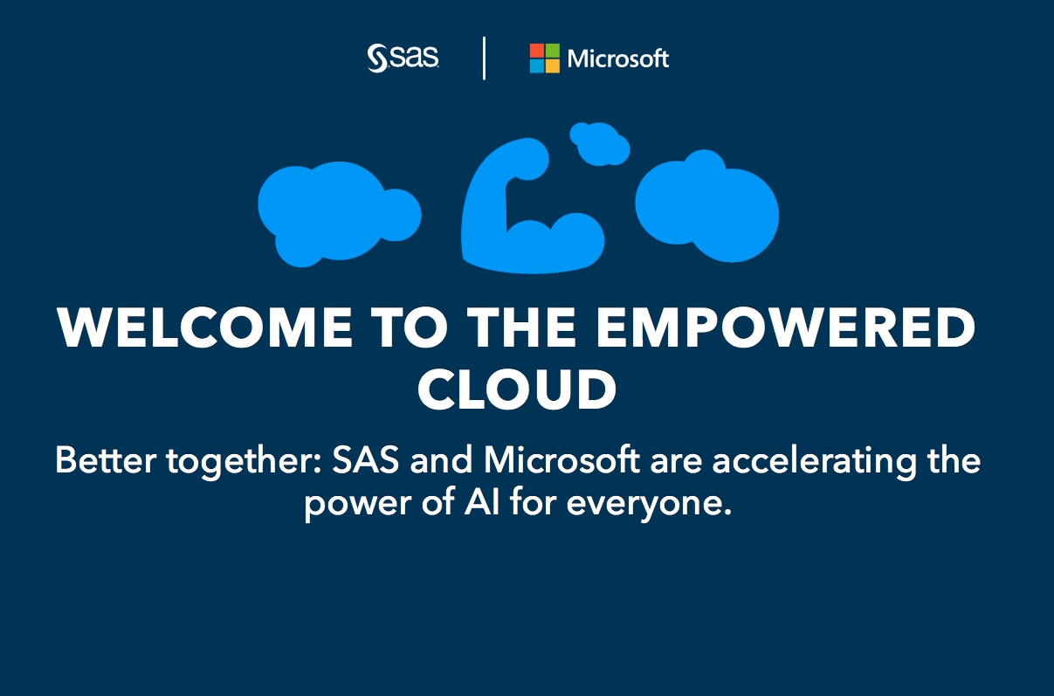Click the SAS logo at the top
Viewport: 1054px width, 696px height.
(403, 59)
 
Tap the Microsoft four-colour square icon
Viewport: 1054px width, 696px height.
(544, 59)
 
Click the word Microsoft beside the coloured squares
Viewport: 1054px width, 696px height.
(617, 59)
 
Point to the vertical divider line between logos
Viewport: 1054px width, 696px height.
(484, 59)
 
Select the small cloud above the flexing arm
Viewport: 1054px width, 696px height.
(600, 143)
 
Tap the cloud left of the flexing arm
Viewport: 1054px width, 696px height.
(339, 214)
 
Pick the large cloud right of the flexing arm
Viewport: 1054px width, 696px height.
(706, 207)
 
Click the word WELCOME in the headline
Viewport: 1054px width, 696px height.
(204, 327)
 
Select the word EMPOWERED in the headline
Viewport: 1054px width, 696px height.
(786, 327)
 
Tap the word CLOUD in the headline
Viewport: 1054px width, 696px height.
(517, 389)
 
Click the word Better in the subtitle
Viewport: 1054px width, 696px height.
(106, 459)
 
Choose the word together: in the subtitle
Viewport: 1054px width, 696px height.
(244, 462)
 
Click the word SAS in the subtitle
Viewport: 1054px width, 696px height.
(366, 459)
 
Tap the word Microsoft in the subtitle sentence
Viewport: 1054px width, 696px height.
(561, 459)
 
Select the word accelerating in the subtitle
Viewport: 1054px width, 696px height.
(814, 462)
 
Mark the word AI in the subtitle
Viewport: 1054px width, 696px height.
(482, 502)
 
